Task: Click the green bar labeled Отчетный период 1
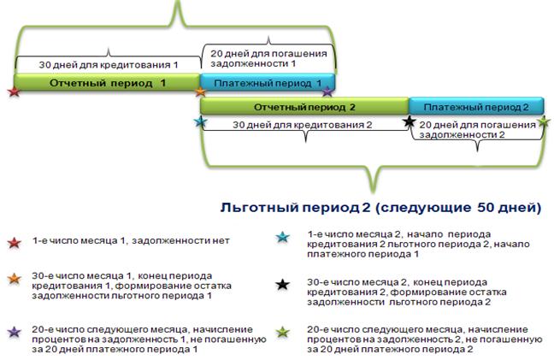[x=107, y=83]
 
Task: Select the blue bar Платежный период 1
[x=267, y=83]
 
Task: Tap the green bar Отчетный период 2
[x=304, y=107]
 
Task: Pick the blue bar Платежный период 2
[x=476, y=107]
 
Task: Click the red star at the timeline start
[x=14, y=91]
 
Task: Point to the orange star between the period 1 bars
[x=200, y=91]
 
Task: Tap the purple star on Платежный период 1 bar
[x=327, y=91]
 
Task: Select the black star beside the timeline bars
[x=410, y=122]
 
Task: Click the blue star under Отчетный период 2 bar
[x=201, y=122]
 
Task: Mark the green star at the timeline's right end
[x=544, y=122]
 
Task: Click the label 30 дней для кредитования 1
[x=108, y=65]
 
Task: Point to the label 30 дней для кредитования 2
[x=302, y=125]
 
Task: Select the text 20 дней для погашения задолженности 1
[x=268, y=59]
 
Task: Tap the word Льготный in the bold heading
[x=260, y=208]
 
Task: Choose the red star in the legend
[x=15, y=243]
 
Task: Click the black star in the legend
[x=283, y=285]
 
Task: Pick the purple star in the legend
[x=15, y=332]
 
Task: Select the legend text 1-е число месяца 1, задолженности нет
[x=131, y=241]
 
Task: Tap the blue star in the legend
[x=283, y=237]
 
